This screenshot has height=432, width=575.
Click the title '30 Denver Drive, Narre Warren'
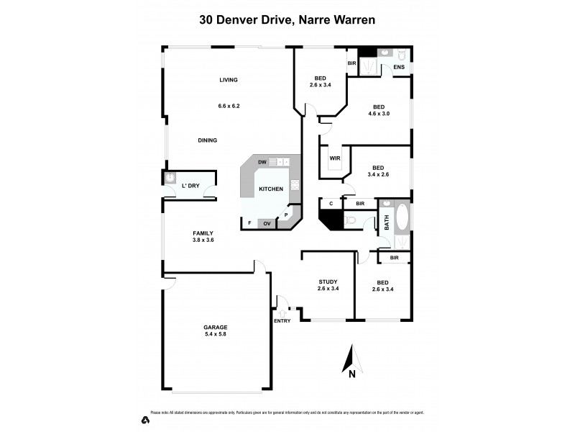pyautogui.click(x=287, y=21)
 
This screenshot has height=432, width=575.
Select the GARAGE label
pyautogui.click(x=214, y=327)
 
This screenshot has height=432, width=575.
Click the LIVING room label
pyautogui.click(x=229, y=80)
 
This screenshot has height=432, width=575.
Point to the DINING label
pyautogui.click(x=208, y=140)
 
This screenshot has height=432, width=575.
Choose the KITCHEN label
pyautogui.click(x=271, y=189)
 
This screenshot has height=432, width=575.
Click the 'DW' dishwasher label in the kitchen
pyautogui.click(x=262, y=163)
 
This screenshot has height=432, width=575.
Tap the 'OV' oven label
pyautogui.click(x=267, y=223)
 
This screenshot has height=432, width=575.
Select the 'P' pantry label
pyautogui.click(x=286, y=215)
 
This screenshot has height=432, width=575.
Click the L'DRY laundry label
pyautogui.click(x=190, y=186)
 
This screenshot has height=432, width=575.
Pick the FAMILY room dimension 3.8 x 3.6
pyautogui.click(x=203, y=240)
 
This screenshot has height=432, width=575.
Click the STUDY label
pyautogui.click(x=328, y=282)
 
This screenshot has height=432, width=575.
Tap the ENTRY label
pyautogui.click(x=282, y=321)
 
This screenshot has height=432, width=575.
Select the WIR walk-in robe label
pyautogui.click(x=334, y=158)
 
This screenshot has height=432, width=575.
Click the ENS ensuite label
pyautogui.click(x=398, y=68)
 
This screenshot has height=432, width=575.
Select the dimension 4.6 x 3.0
pyautogui.click(x=379, y=113)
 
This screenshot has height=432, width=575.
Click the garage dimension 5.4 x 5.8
pyautogui.click(x=214, y=336)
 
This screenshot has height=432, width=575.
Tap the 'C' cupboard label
pyautogui.click(x=331, y=204)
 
